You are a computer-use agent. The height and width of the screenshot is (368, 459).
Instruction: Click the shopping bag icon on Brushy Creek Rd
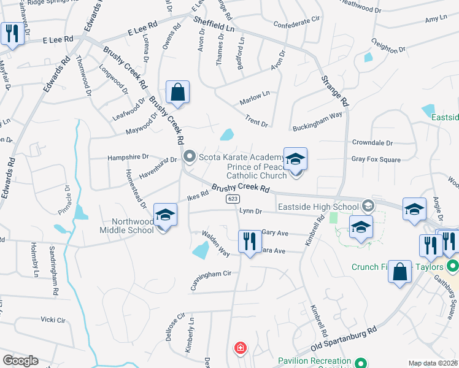point(177,93)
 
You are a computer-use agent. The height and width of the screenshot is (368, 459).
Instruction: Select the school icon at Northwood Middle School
point(164,215)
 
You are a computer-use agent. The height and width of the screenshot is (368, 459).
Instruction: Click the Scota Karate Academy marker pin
point(190,158)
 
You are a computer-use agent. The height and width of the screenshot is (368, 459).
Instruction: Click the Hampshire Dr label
point(128,157)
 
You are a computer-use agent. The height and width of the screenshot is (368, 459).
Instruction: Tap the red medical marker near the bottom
point(240,348)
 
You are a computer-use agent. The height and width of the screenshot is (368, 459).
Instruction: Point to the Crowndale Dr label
point(372,143)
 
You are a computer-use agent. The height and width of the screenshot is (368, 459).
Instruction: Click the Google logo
point(20,361)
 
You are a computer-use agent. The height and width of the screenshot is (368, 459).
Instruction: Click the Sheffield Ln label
point(214,25)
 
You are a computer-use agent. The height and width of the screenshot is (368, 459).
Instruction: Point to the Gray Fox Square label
point(376,159)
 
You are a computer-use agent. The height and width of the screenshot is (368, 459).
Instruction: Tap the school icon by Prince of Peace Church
point(295,160)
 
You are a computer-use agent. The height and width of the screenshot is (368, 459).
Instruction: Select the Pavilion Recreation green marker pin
point(361,363)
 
